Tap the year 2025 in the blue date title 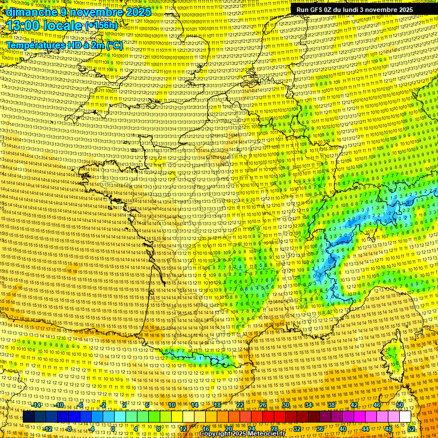[x=136, y=12]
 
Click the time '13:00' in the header [x=26, y=26]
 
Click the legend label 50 [x=400, y=405]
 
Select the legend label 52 [x=411, y=429]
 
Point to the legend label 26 [x=263, y=405]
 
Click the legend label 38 [x=331, y=405]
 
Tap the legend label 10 [x=172, y=405]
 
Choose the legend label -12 [x=48, y=429]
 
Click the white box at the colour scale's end [x=405, y=417]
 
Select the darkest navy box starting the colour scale [x=29, y=417]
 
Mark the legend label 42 [x=354, y=405]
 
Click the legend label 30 [x=286, y=405]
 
